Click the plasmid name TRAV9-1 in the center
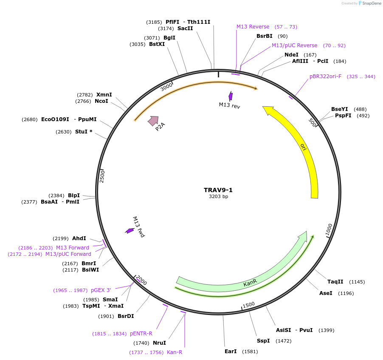point(218,190)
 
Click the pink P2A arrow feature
point(153,121)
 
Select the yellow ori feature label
point(303,147)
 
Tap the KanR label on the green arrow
point(250,283)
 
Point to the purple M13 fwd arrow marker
point(130,231)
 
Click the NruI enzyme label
point(159,343)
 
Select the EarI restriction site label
point(231,351)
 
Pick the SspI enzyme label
point(263,341)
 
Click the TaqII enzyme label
point(335,282)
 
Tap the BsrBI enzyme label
point(264,36)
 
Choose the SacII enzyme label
point(185,28)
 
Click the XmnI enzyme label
point(104,94)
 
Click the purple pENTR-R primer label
point(141,334)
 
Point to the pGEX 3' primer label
point(101,290)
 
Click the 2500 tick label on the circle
point(102,176)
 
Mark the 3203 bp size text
point(218,196)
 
